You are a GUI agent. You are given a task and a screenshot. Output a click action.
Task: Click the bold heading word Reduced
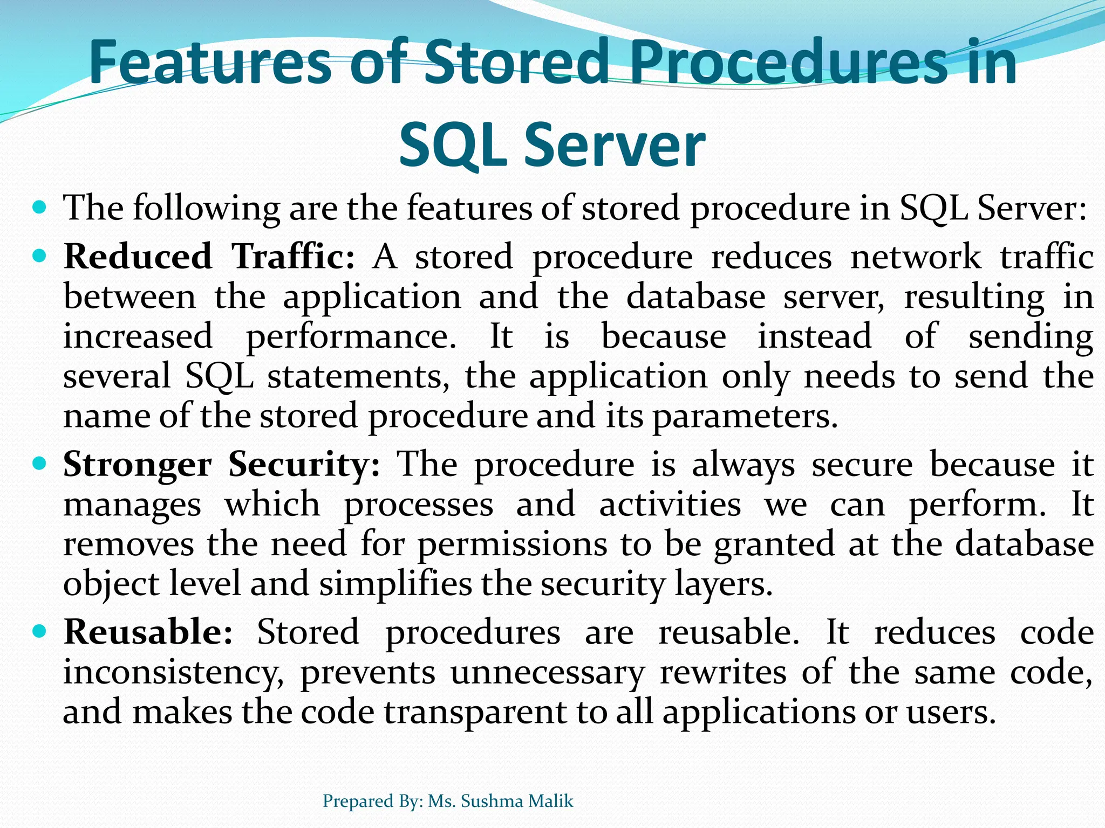[x=138, y=256]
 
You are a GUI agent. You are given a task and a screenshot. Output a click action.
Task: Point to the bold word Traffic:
[x=294, y=256]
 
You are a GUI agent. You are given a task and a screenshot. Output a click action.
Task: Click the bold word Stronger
[x=138, y=465]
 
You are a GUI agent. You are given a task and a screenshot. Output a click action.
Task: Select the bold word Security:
[x=304, y=465]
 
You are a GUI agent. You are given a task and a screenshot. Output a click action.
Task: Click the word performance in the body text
[x=351, y=337]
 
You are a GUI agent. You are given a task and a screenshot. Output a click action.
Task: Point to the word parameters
[x=745, y=416]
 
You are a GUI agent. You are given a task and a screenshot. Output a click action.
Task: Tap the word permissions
[x=513, y=544]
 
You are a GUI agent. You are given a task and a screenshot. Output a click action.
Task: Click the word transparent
[x=475, y=712]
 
